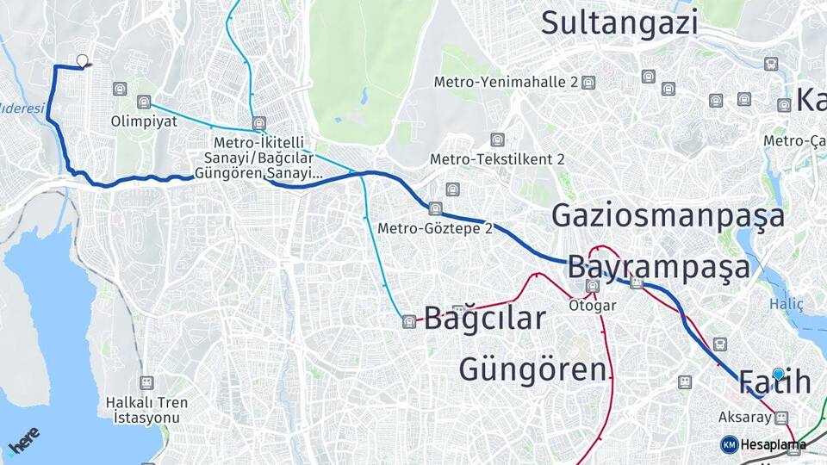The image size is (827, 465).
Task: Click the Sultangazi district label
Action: point(619,23)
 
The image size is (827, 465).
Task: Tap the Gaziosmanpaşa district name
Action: point(668,215)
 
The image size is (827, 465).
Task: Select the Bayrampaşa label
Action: point(658,267)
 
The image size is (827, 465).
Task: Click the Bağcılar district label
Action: point(484,319)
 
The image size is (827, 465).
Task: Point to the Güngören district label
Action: point(532,369)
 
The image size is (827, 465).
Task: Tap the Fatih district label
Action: point(775,381)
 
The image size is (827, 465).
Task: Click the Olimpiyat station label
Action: point(144,121)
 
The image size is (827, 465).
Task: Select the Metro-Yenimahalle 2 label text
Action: point(505,83)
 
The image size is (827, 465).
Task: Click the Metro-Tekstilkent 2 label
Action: point(497,159)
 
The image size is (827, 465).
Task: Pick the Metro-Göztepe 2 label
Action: point(434,228)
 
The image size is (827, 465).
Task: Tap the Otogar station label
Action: point(592,305)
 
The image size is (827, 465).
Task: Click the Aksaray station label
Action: point(743,417)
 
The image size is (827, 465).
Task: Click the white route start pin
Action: point(83,60)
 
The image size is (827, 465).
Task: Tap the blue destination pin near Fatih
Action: point(778,373)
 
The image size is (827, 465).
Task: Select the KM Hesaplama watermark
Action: point(762,444)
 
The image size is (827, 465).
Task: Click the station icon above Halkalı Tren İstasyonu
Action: point(146,381)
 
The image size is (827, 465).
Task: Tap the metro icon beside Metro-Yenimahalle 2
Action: point(588,83)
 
